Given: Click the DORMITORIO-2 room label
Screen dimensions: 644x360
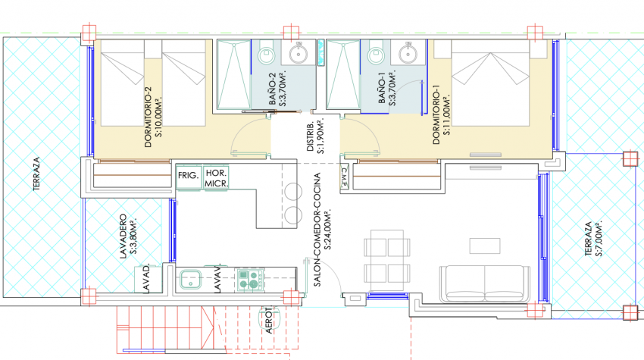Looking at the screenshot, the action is pos(153,117).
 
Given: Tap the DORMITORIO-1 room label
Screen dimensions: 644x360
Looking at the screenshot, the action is pos(441,114).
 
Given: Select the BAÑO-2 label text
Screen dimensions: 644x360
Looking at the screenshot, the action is pos(277,89).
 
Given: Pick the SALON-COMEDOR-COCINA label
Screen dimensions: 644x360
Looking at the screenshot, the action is pos(321,230).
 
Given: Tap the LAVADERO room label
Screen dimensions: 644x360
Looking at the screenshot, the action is pos(128,236).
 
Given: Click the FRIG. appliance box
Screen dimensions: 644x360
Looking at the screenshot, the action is pos(189,177).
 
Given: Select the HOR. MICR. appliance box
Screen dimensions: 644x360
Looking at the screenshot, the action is pos(216,177).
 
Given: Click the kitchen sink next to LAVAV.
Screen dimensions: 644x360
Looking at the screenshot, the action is pos(190,279).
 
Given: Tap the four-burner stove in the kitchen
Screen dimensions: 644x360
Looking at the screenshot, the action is pos(249,280).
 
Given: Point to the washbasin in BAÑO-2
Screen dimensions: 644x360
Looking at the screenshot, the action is pos(298,53).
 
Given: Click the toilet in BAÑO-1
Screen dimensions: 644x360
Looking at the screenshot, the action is pos(375,52).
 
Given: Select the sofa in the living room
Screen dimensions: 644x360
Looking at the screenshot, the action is pos(485,283).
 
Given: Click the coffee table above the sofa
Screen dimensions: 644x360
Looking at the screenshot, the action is pos(485,246).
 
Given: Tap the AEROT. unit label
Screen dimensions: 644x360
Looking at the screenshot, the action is pos(269,320).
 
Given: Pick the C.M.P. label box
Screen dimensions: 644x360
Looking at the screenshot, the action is pos(344,177).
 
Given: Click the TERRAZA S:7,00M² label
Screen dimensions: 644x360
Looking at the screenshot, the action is pos(593,239).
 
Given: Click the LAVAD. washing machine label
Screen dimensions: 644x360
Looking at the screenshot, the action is pos(146,279).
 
